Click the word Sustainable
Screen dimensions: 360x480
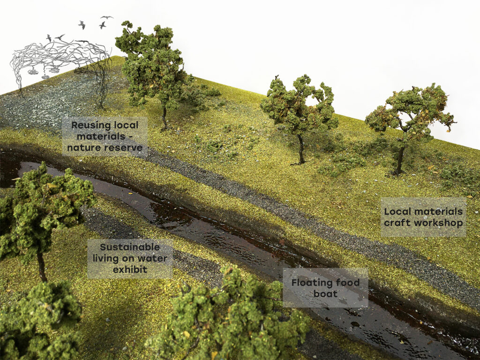click(x=129, y=247)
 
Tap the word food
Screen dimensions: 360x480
click(x=347, y=282)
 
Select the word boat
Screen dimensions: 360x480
click(x=325, y=294)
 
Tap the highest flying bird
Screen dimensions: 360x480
click(x=107, y=17)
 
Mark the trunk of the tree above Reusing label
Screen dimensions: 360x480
click(x=164, y=117)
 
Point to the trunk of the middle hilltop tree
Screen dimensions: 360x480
click(x=301, y=150)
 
